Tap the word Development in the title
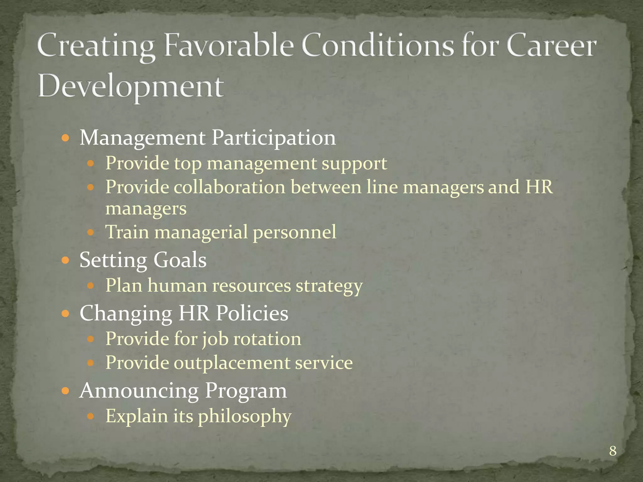pyautogui.click(x=131, y=86)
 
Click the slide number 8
pyautogui.click(x=613, y=451)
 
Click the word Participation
pyautogui.click(x=273, y=138)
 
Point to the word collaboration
pyautogui.click(x=230, y=187)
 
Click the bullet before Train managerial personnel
pyautogui.click(x=90, y=233)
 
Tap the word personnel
pyautogui.click(x=294, y=233)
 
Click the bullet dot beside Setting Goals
pyautogui.click(x=65, y=260)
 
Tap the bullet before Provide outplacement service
pyautogui.click(x=90, y=363)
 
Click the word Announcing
pyautogui.click(x=139, y=391)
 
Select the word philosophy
pyautogui.click(x=245, y=417)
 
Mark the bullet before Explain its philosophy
pyautogui.click(x=90, y=416)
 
